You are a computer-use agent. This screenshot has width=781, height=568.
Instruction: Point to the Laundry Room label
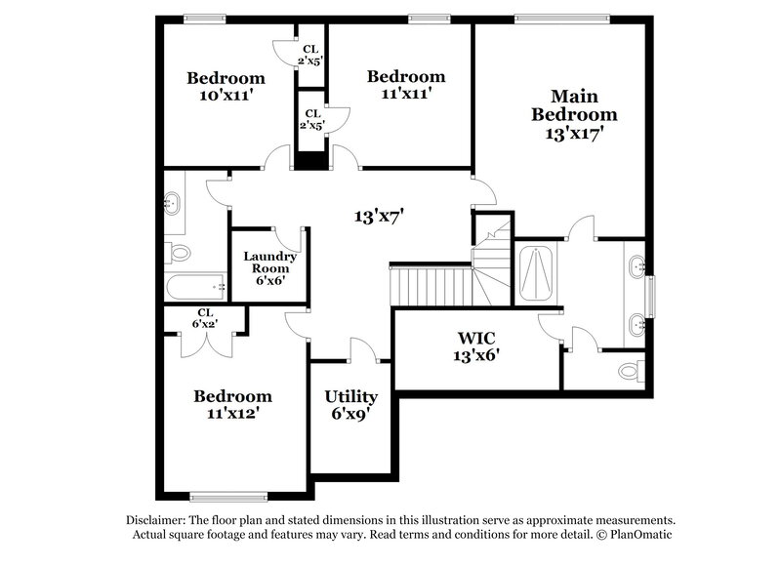(269, 267)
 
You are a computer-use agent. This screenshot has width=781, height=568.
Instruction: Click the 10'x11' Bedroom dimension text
(226, 96)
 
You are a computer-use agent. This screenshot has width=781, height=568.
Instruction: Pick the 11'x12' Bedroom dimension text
(232, 414)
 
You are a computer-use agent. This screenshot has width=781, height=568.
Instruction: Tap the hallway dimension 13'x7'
(379, 216)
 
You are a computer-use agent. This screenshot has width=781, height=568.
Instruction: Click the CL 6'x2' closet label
(204, 318)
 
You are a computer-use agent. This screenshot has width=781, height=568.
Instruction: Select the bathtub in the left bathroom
(195, 286)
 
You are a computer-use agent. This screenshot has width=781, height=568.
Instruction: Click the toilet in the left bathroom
(179, 252)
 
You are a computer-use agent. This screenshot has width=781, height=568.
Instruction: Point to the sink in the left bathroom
(174, 204)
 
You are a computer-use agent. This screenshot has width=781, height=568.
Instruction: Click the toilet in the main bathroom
(631, 372)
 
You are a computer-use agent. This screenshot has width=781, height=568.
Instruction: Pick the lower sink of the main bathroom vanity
(637, 322)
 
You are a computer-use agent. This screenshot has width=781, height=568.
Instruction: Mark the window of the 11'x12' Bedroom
(227, 496)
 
